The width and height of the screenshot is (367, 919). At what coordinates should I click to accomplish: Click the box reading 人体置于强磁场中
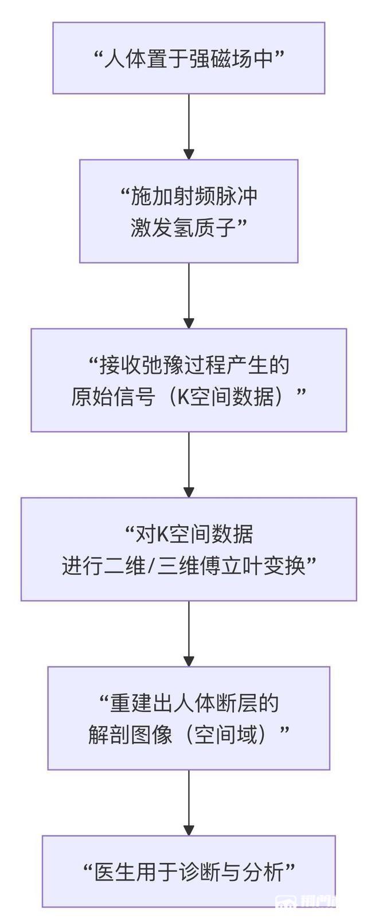click(189, 58)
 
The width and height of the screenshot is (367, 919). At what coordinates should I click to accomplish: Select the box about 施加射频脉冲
click(189, 211)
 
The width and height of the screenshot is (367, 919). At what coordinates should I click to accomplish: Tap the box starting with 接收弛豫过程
click(189, 380)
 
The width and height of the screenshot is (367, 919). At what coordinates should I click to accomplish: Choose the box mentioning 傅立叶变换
click(189, 549)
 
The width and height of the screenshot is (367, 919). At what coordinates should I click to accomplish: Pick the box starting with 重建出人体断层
click(189, 717)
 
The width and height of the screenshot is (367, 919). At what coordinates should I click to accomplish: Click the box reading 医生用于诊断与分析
click(189, 871)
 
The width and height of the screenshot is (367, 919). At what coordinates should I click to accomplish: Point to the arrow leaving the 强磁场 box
click(189, 126)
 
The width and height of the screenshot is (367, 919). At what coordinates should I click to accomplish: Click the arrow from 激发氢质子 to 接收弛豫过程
click(189, 295)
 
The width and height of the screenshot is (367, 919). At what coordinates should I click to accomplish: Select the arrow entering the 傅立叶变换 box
click(189, 464)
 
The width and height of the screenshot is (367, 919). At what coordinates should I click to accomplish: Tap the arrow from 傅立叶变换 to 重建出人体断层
click(189, 633)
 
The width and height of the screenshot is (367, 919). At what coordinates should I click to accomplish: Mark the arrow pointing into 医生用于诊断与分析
click(189, 802)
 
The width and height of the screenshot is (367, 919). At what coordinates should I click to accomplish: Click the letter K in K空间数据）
click(182, 396)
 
